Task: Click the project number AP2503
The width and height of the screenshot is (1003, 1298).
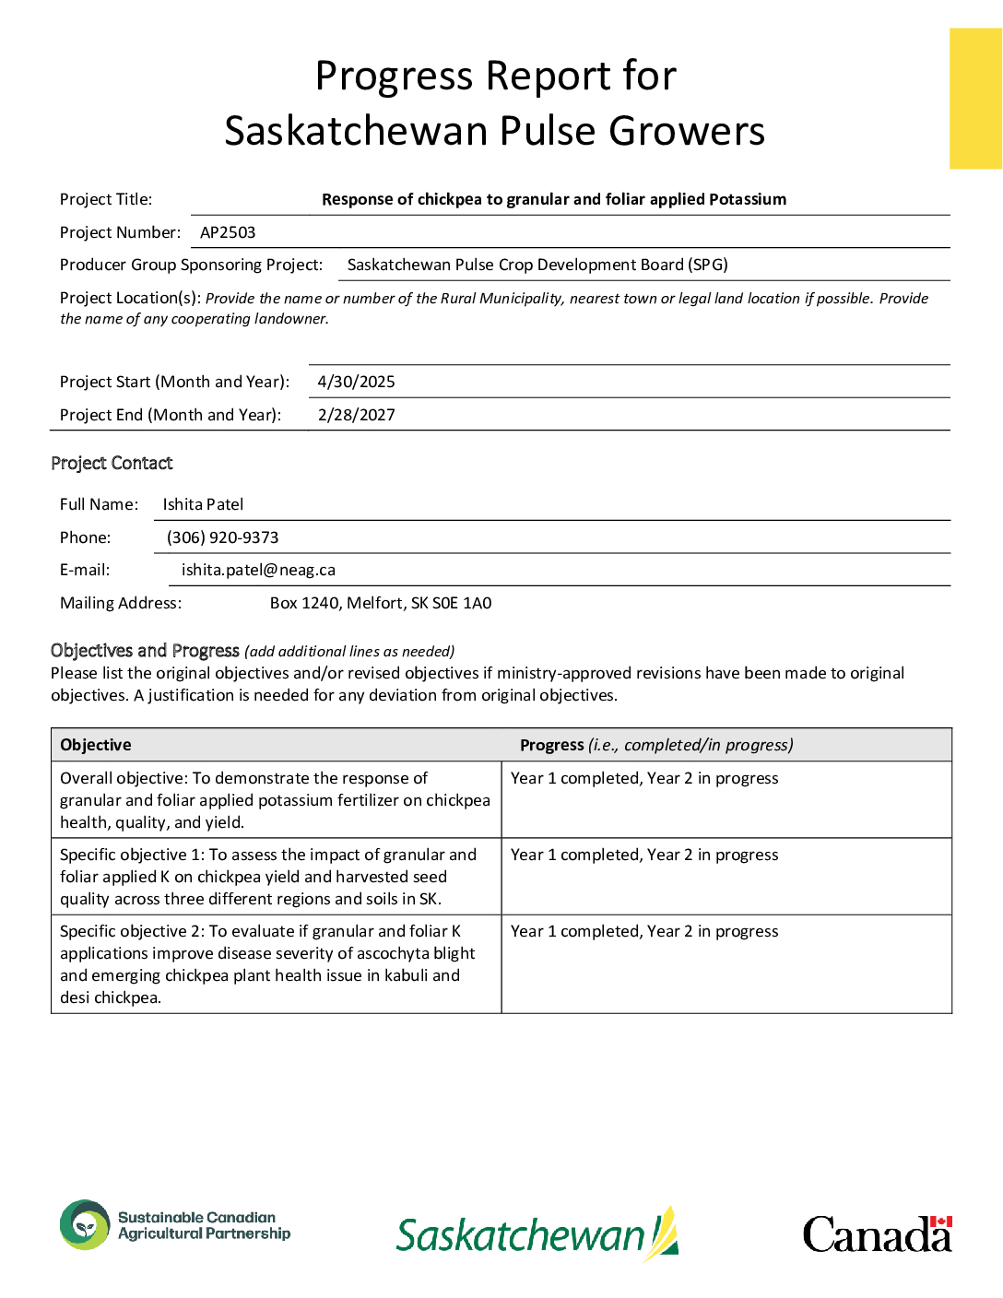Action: (228, 232)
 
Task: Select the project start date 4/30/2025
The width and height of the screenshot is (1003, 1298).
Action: (356, 382)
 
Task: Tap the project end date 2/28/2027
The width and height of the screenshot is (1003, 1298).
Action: (356, 415)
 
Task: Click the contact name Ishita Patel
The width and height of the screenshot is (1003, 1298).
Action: (203, 504)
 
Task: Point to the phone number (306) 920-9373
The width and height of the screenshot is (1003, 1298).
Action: (222, 537)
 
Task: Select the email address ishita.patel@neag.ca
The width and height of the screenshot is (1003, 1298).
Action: (258, 570)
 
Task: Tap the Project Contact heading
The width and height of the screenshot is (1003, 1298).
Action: (112, 463)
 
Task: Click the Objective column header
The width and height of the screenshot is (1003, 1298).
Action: (96, 745)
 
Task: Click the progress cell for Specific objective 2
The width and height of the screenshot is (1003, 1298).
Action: (644, 931)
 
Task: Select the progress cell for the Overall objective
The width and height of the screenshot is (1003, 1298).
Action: (644, 778)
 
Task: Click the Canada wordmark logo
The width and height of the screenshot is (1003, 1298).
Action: (877, 1234)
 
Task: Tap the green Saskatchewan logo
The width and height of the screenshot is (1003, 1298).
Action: (537, 1234)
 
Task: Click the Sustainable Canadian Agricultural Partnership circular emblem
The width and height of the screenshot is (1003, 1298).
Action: (85, 1225)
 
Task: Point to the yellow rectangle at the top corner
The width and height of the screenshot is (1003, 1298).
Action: (975, 99)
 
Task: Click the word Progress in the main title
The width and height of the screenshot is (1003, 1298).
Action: (395, 76)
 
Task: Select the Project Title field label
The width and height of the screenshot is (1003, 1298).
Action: (106, 199)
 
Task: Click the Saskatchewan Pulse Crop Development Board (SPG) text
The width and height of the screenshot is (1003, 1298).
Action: (537, 265)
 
